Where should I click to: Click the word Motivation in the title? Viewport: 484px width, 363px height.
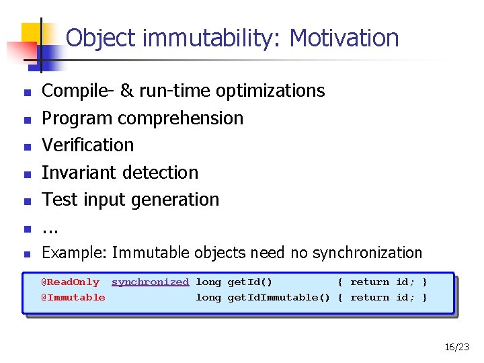pyautogui.click(x=344, y=38)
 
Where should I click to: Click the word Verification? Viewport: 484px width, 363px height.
pyautogui.click(x=87, y=145)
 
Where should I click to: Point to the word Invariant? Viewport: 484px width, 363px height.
pyautogui.click(x=75, y=173)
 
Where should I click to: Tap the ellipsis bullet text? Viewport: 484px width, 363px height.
pyautogui.click(x=50, y=229)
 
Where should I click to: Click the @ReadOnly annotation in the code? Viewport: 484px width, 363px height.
pyautogui.click(x=70, y=282)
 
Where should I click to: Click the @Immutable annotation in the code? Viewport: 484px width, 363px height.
pyautogui.click(x=73, y=297)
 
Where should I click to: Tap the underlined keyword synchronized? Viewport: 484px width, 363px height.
pyautogui.click(x=150, y=282)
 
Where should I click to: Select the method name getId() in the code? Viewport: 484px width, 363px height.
pyautogui.click(x=249, y=282)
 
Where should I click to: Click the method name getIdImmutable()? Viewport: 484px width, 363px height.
pyautogui.click(x=278, y=297)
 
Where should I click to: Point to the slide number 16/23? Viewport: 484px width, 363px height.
pyautogui.click(x=456, y=348)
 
